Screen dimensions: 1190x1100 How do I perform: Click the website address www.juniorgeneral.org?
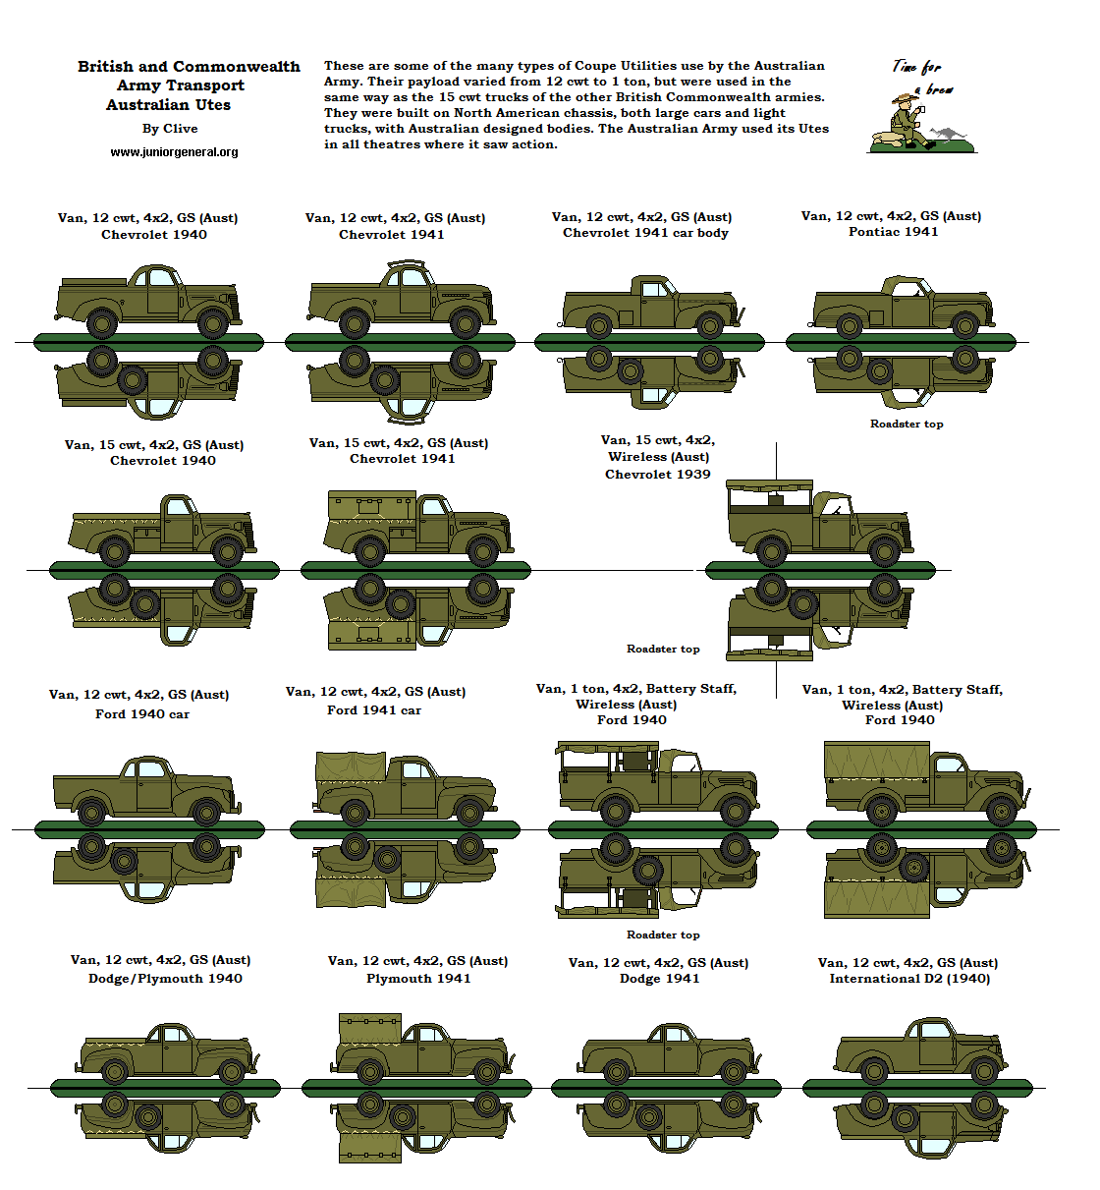174,152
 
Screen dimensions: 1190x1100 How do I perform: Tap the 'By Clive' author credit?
170,129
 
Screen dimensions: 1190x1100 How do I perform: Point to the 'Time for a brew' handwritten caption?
919,77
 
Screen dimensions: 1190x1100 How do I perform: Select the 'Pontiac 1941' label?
893,232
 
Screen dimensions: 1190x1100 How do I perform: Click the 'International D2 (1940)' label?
909,979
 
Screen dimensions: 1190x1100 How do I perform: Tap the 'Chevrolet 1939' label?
657,475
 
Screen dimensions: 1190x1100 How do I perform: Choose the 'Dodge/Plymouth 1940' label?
165,979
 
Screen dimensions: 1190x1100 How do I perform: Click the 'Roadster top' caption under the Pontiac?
906,425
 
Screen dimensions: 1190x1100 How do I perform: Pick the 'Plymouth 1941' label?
418,979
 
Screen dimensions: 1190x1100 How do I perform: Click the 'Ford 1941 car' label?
374,710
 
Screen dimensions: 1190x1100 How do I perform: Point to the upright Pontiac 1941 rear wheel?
850,325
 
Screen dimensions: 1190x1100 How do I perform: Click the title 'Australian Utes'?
169,105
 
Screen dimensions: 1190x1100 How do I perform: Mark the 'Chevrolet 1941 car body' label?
645,233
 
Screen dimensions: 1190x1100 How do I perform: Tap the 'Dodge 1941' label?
659,979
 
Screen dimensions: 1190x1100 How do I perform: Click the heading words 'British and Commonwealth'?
189,67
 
